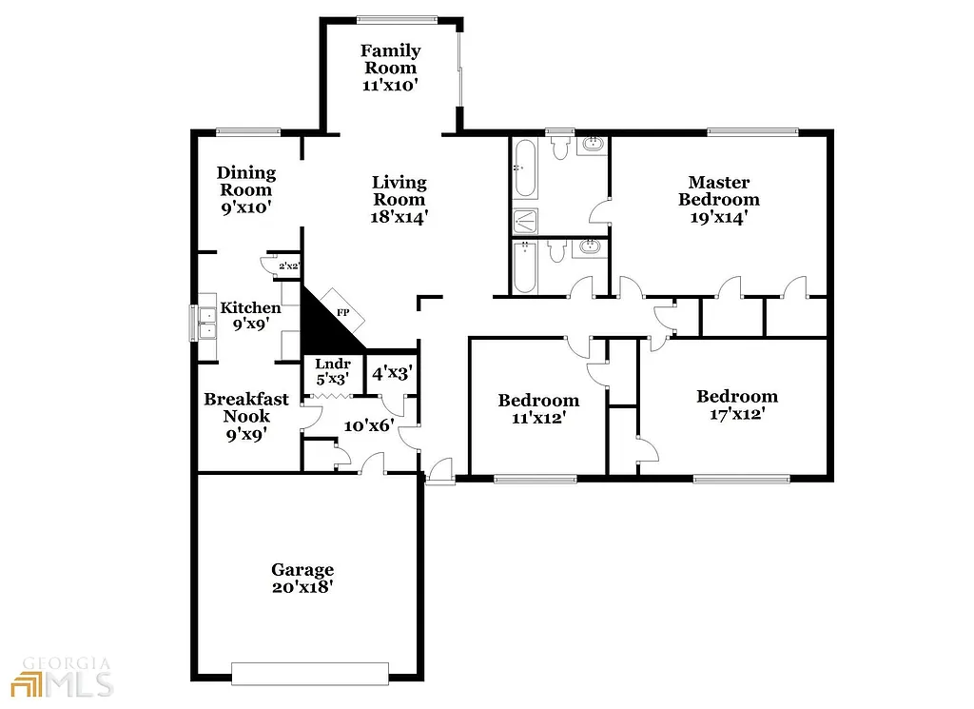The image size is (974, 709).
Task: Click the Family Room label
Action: tap(390, 59)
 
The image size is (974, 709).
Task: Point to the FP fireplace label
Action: tap(342, 311)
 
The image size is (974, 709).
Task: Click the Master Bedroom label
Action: tap(718, 190)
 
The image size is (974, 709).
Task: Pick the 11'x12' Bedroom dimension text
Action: tap(538, 417)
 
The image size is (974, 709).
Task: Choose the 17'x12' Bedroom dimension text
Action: tap(736, 414)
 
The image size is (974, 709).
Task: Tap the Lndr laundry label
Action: tap(333, 364)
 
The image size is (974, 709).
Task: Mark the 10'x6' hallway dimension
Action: tap(367, 425)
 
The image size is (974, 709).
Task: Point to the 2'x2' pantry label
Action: tap(289, 266)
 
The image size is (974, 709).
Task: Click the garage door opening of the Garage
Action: tap(310, 673)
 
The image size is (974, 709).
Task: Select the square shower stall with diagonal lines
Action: tap(525, 221)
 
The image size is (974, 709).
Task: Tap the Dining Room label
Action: tap(246, 181)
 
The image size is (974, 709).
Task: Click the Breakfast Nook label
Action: tap(246, 407)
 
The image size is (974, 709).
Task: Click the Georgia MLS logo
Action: tap(62, 677)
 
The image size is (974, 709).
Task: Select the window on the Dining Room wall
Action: tap(247, 132)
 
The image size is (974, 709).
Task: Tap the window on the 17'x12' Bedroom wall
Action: tap(741, 479)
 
